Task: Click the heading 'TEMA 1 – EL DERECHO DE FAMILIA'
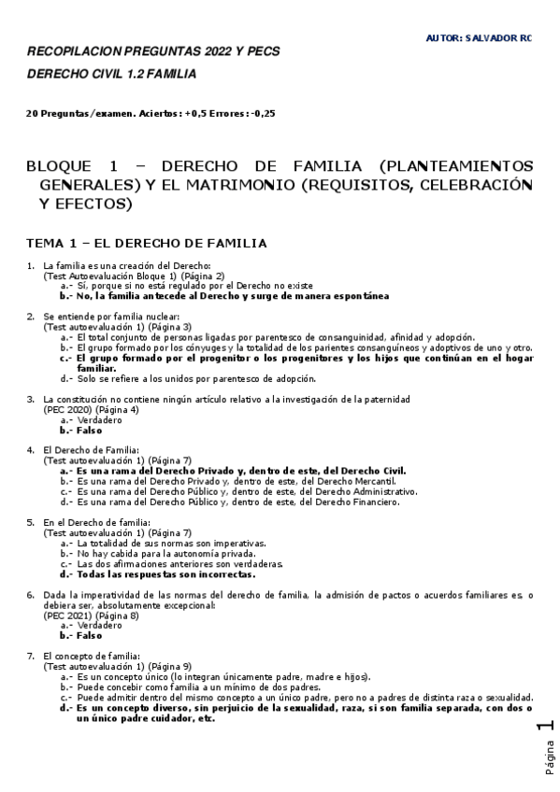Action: point(147,244)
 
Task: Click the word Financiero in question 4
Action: point(375,502)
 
